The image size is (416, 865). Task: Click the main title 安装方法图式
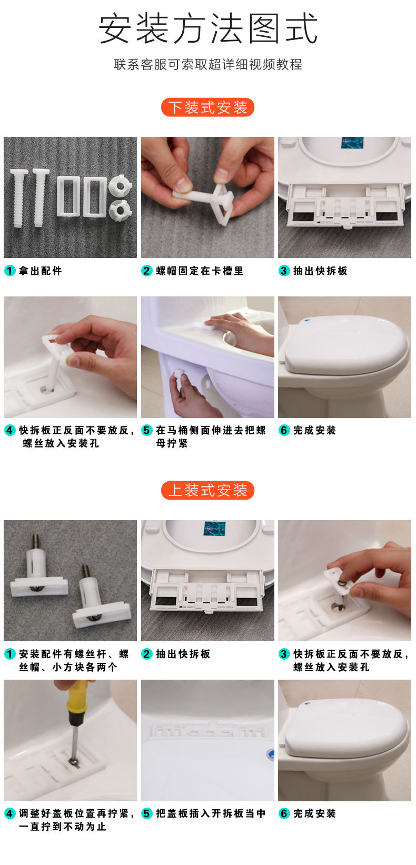(208, 28)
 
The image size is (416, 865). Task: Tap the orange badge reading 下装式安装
(208, 107)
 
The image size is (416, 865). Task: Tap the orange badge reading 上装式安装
(208, 491)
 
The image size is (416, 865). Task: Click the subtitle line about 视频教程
(208, 64)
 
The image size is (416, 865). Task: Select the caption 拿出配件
(41, 271)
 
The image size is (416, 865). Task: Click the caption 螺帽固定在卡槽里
(200, 271)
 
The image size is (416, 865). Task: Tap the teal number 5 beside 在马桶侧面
(147, 430)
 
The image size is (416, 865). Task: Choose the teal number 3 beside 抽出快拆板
(284, 271)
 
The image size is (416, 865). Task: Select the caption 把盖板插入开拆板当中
(211, 813)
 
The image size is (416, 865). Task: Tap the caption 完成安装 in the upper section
(314, 430)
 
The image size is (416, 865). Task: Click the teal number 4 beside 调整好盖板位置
(9, 813)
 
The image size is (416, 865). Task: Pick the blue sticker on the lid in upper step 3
(350, 143)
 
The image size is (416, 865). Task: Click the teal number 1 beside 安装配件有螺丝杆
(9, 654)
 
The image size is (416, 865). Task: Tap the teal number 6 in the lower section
(284, 813)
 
